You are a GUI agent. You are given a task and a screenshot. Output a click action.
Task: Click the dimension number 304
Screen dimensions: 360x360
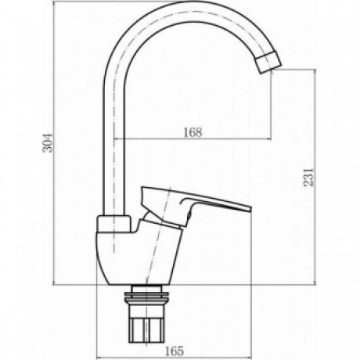(48, 143)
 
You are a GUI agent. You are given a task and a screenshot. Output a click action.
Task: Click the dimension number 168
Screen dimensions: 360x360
(193, 132)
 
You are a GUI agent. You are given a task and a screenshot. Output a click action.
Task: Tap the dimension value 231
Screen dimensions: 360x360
(308, 177)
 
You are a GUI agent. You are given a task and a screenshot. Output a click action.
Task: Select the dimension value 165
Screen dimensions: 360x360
(175, 351)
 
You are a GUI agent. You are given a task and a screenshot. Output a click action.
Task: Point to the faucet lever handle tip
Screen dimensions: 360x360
(250, 209)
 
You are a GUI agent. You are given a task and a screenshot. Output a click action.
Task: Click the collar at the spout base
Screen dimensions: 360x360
(113, 224)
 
